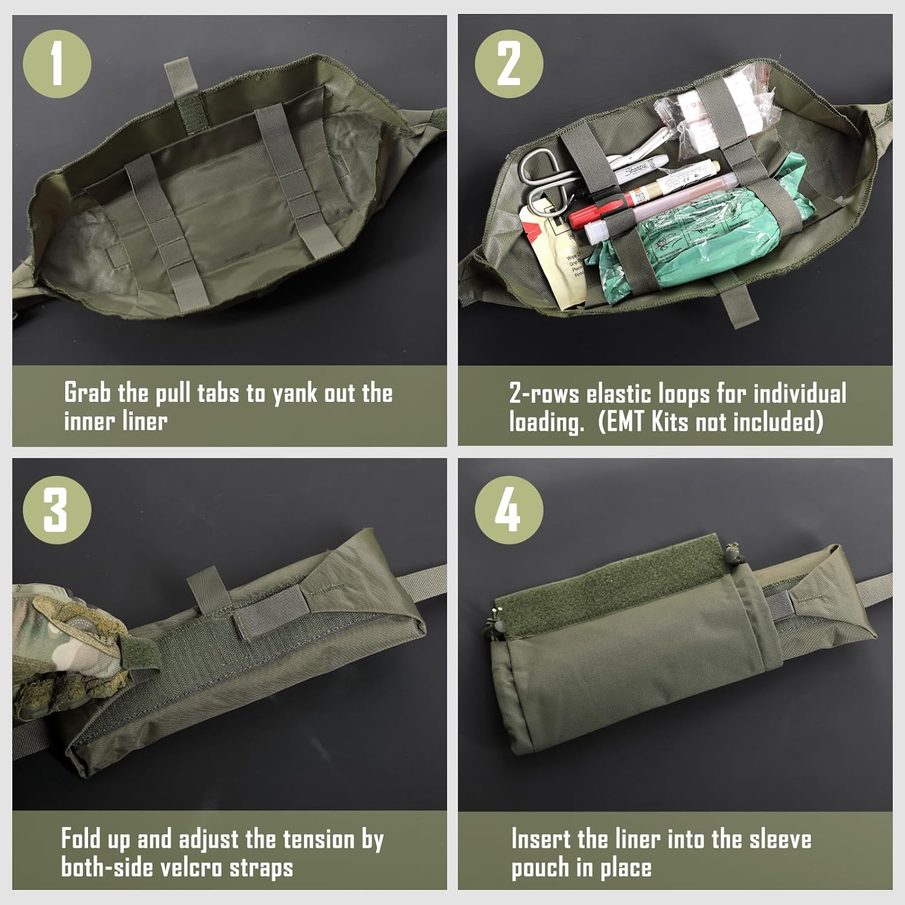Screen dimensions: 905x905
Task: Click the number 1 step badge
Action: click(x=57, y=64)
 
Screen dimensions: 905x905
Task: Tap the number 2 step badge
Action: click(x=509, y=64)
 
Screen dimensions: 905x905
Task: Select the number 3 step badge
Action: click(x=57, y=510)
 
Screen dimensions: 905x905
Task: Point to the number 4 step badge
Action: click(x=509, y=510)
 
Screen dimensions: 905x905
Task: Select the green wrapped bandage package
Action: click(x=682, y=241)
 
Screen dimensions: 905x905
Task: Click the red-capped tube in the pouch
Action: click(x=603, y=208)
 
